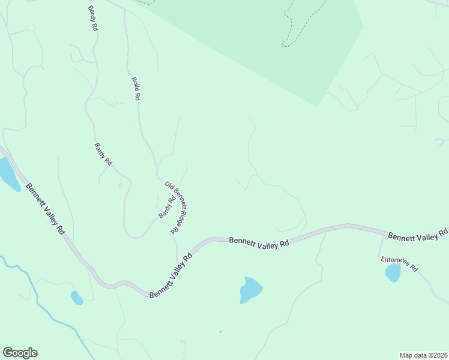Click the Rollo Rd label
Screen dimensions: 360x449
(x=136, y=88)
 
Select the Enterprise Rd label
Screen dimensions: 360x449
(x=399, y=264)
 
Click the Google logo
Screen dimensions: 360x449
(x=20, y=353)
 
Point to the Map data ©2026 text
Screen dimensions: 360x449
(x=423, y=355)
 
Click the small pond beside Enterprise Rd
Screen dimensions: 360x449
(x=393, y=273)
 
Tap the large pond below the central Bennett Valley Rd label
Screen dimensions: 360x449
(x=251, y=290)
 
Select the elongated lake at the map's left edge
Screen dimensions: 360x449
(x=9, y=173)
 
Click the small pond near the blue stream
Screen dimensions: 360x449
(x=77, y=298)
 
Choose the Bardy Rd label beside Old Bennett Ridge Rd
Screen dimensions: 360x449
(x=166, y=208)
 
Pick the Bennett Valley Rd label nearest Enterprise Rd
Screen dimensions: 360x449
(x=418, y=235)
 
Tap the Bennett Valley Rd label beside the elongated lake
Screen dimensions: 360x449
(x=46, y=208)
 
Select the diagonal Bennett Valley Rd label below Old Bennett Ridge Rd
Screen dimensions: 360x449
(x=170, y=275)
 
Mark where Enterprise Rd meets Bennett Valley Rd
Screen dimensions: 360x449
(x=381, y=234)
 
